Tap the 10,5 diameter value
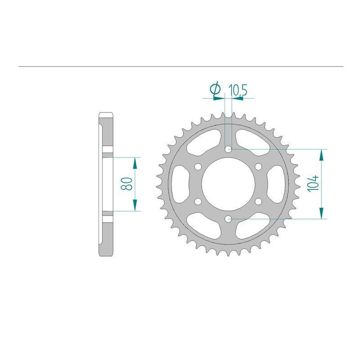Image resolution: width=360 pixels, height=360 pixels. click(238, 90)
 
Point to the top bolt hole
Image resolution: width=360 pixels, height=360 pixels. click(228, 149)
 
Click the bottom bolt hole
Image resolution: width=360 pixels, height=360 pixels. click(228, 219)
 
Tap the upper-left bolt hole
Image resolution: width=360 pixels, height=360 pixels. click(198, 166)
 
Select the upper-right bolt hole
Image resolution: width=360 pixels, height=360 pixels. click(258, 166)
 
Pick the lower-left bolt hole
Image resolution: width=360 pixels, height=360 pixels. click(198, 201)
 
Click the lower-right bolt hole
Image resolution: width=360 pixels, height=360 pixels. click(258, 201)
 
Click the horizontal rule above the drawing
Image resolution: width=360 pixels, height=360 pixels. click(180, 67)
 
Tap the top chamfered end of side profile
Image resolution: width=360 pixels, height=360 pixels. click(106, 115)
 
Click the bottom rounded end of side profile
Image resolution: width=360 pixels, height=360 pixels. click(106, 253)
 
